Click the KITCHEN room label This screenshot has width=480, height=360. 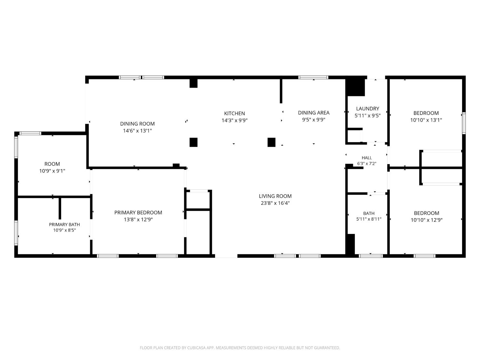tap(235, 114)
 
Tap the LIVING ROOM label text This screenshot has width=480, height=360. tap(275, 196)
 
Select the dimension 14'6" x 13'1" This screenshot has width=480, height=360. tap(137, 131)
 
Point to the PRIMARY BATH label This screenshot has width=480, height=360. tap(64, 225)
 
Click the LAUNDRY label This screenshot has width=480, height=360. tap(368, 108)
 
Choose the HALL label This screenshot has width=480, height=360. tap(367, 158)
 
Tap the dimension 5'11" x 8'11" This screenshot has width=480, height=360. tap(369, 219)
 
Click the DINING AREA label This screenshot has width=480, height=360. tap(314, 113)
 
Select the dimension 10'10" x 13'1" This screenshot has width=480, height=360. tap(426, 120)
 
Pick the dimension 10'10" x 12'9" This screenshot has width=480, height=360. tap(427, 220)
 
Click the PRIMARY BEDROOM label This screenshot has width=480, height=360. tap(138, 212)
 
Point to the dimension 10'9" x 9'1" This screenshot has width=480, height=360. tap(52, 171)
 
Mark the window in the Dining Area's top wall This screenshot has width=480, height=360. tap(313, 77)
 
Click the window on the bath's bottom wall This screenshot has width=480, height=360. tap(371, 256)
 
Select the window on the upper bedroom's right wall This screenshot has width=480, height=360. tap(464, 123)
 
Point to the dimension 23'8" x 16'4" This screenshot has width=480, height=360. tap(275, 203)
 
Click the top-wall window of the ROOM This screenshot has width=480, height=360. tap(30, 133)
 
